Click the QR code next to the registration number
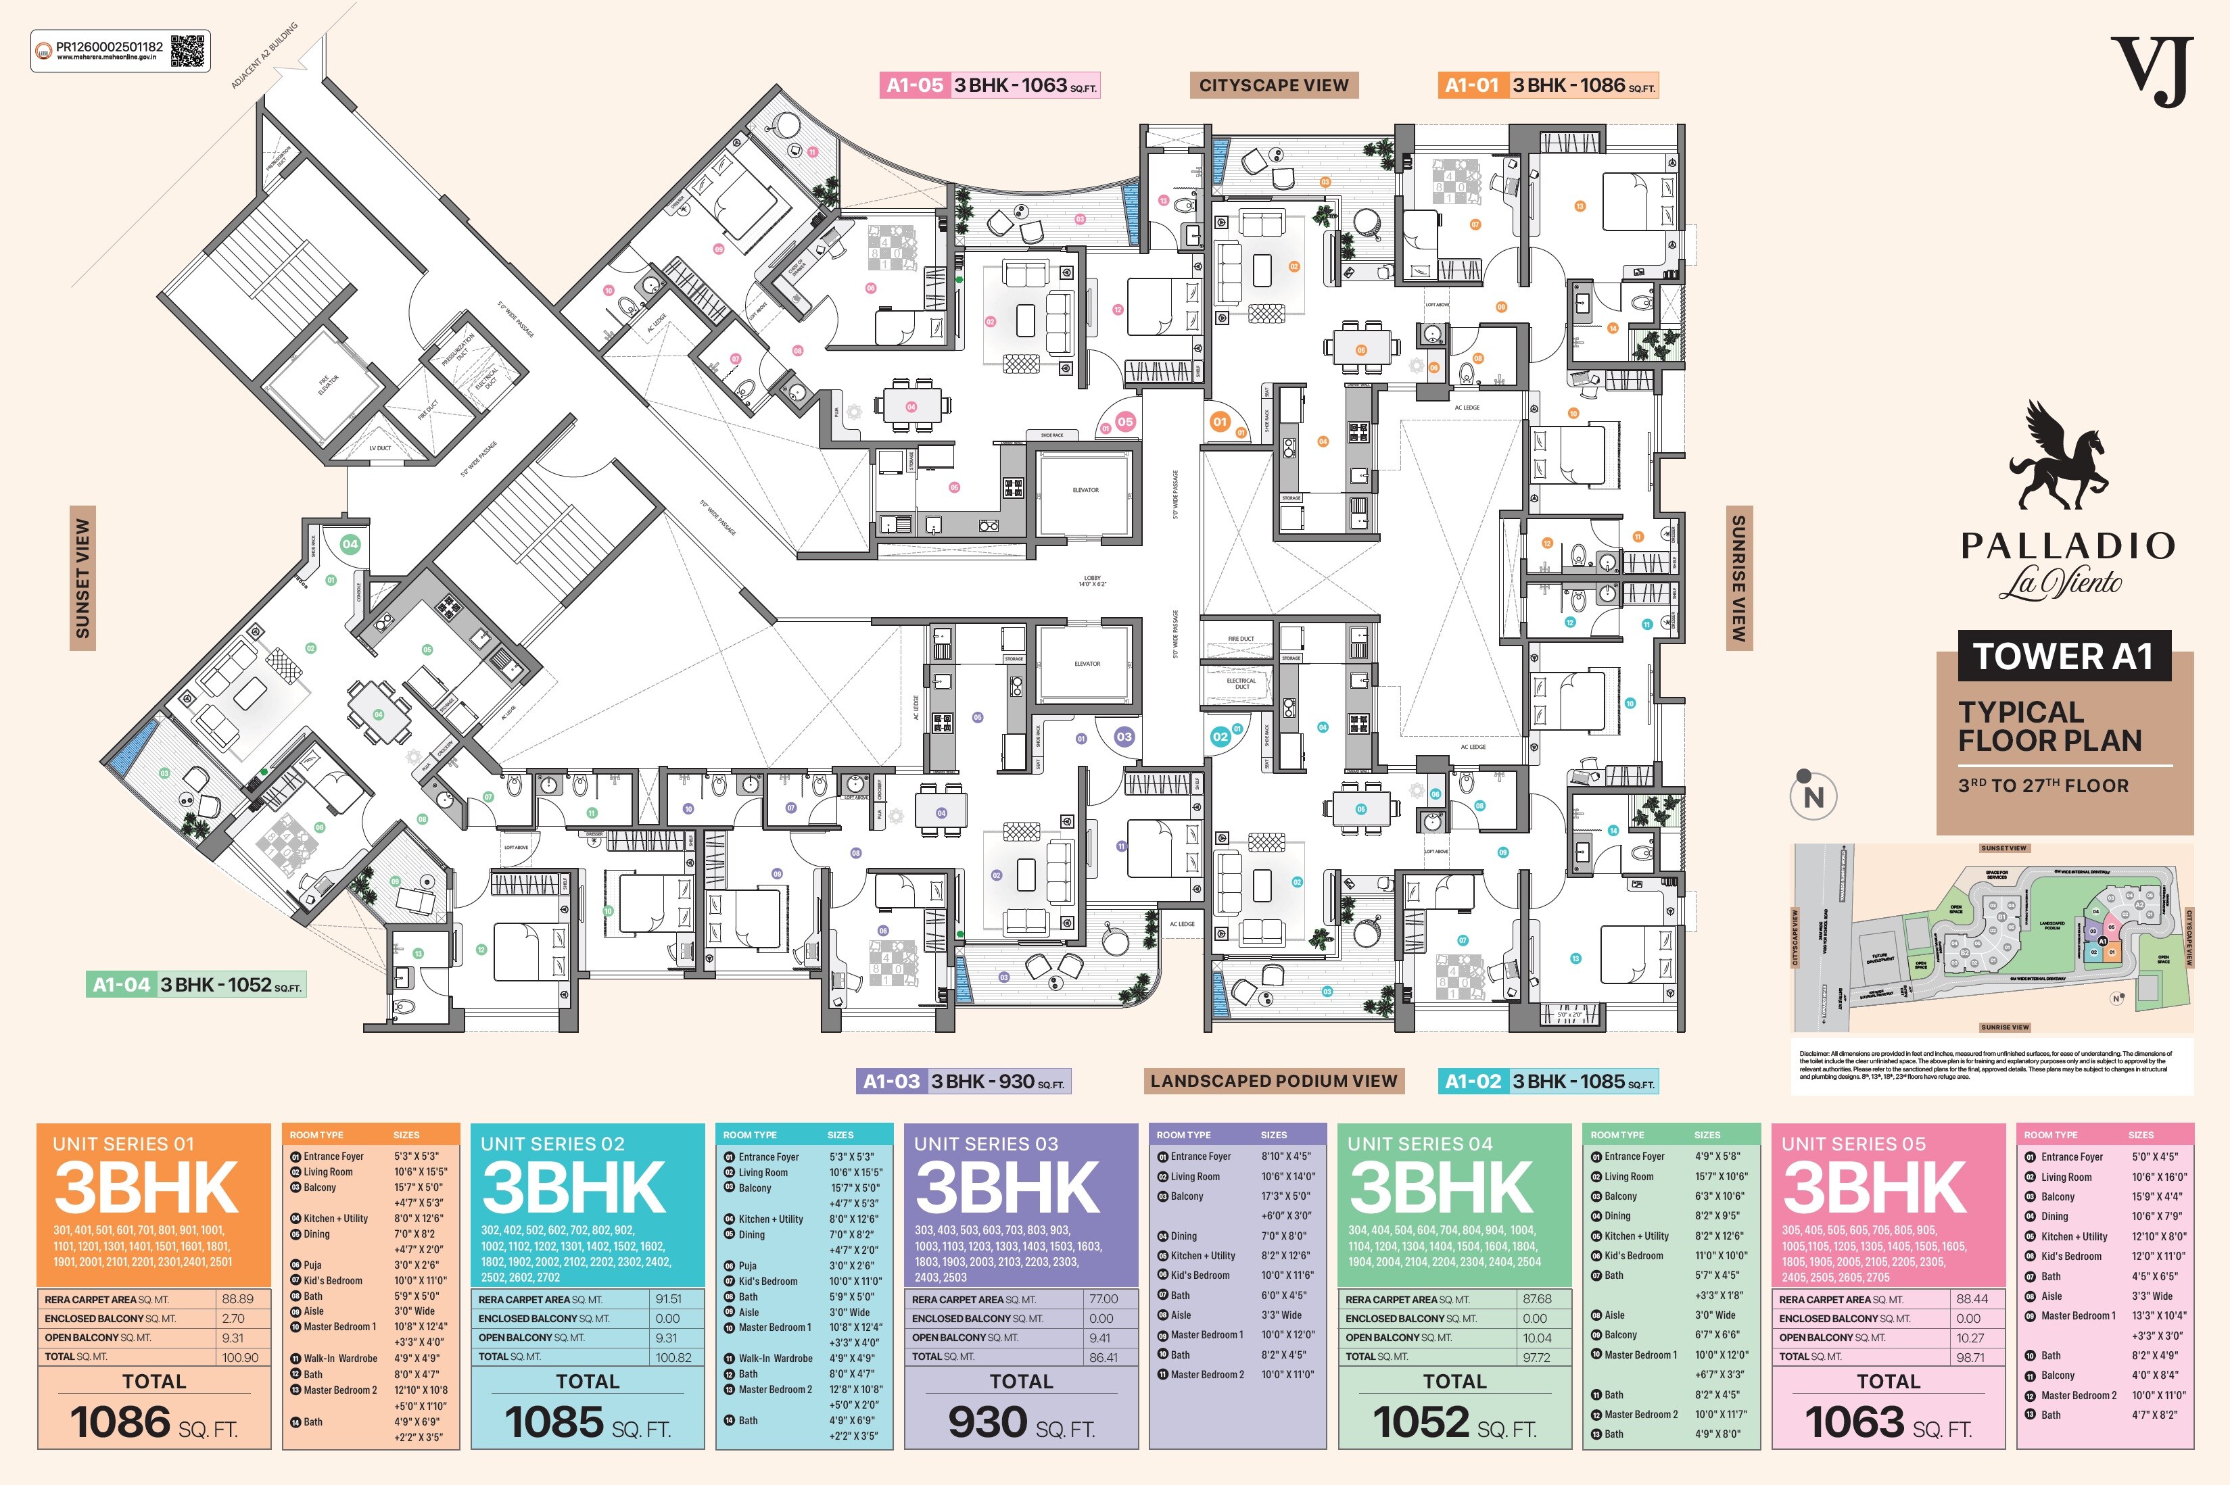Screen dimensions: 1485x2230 coord(187,51)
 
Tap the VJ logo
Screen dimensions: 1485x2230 coord(2152,71)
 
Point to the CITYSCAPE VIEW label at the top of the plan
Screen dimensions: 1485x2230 coord(1273,85)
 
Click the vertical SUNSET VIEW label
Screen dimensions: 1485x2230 coord(82,578)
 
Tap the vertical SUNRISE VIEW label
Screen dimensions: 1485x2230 coord(1738,578)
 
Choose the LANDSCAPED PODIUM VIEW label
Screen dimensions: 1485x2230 coord(1273,1081)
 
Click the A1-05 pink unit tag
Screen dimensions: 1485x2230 coord(915,85)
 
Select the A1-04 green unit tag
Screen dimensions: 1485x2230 coord(121,985)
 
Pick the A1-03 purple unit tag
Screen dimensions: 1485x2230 coord(891,1081)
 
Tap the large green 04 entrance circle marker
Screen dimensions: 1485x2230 coord(350,543)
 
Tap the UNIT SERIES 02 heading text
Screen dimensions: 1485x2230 coord(552,1144)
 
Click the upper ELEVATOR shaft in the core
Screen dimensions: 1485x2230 coord(1086,491)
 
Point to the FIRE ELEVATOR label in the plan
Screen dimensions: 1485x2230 coord(327,383)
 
